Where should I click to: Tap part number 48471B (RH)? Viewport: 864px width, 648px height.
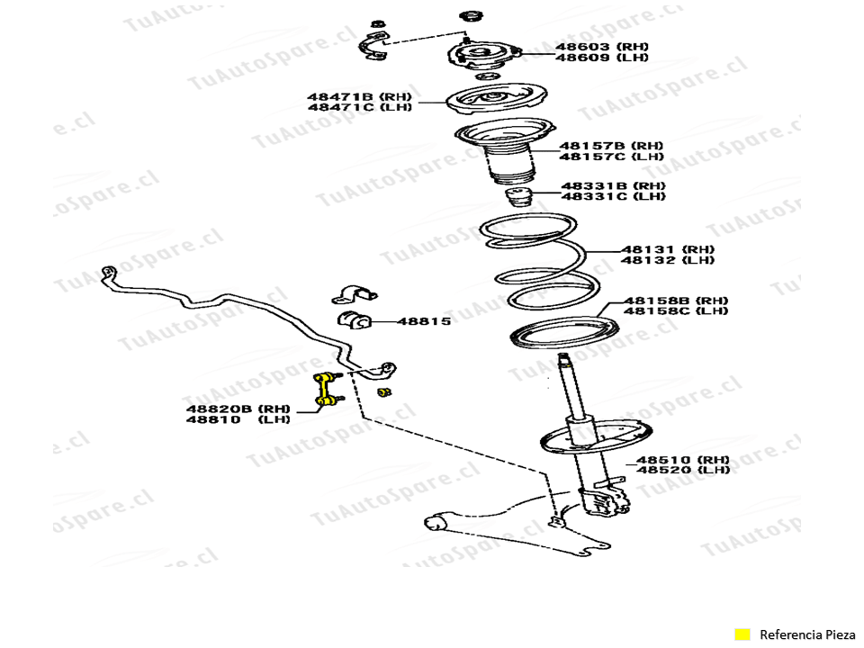(359, 95)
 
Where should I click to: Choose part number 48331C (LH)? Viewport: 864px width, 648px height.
(614, 196)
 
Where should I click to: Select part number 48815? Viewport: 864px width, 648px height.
(424, 320)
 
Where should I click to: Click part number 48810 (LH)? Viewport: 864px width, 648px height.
(238, 419)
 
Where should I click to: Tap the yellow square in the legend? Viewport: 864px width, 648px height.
(742, 634)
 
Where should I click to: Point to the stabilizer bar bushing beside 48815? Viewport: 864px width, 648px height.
(355, 320)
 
